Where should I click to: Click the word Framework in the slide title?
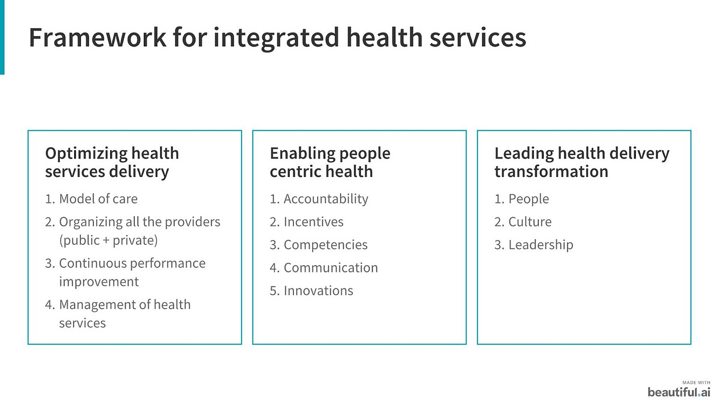pos(98,37)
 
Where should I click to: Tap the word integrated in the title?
pos(276,39)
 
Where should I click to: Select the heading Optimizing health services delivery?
pos(112,162)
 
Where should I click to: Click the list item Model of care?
pos(91,199)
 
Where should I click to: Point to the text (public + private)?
pos(109,240)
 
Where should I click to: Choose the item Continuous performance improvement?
pos(125,272)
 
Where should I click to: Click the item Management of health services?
pos(118,314)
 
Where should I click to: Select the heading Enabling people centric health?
pos(330,162)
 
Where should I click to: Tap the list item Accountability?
pos(319,199)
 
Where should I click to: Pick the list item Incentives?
pos(307,222)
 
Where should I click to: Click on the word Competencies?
pos(325,245)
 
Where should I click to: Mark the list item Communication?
pos(324,268)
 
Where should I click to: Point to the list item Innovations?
pos(311,291)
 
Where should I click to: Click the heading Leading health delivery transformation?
pos(582,162)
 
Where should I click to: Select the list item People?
pos(521,199)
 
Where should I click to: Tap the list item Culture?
pos(523,222)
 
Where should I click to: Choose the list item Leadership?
pos(534,245)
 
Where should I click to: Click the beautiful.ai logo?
pos(679,392)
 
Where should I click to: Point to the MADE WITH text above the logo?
pos(696,383)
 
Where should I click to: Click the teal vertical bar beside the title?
pos(2,37)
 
